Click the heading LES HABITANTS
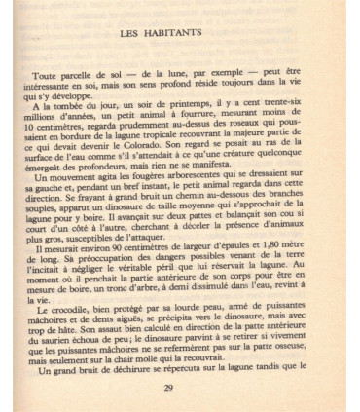coord(179,35)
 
